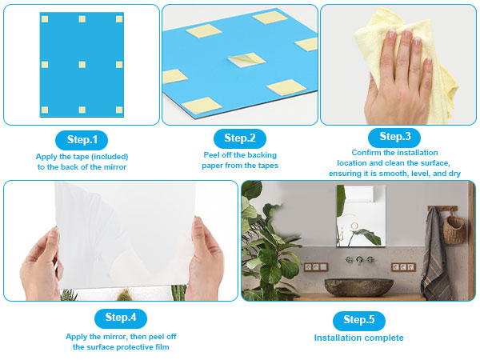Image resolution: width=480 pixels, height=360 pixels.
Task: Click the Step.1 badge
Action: [82, 140]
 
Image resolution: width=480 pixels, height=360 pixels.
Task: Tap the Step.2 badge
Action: [240, 138]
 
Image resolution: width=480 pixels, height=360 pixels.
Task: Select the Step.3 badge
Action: [394, 137]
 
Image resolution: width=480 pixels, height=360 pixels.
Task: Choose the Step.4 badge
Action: [121, 318]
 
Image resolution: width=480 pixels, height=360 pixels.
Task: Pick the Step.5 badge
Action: [358, 320]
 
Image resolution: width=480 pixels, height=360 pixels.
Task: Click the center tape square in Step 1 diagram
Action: [82, 64]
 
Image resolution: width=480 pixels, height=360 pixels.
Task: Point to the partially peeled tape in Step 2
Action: [246, 60]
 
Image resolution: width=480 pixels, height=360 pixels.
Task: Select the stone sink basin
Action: [358, 287]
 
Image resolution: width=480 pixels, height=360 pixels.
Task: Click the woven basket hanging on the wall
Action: [454, 228]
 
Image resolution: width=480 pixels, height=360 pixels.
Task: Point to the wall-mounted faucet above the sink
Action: [359, 260]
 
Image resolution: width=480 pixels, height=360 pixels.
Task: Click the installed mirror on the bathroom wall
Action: [361, 215]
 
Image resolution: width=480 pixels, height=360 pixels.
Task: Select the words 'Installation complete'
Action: [358, 338]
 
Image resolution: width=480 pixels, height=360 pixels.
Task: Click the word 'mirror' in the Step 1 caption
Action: [115, 167]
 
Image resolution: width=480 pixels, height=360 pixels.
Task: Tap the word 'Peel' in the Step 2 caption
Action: [211, 155]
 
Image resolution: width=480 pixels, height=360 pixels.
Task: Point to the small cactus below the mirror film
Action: [124, 294]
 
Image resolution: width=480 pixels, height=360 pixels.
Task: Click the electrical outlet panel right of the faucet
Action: [403, 267]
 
